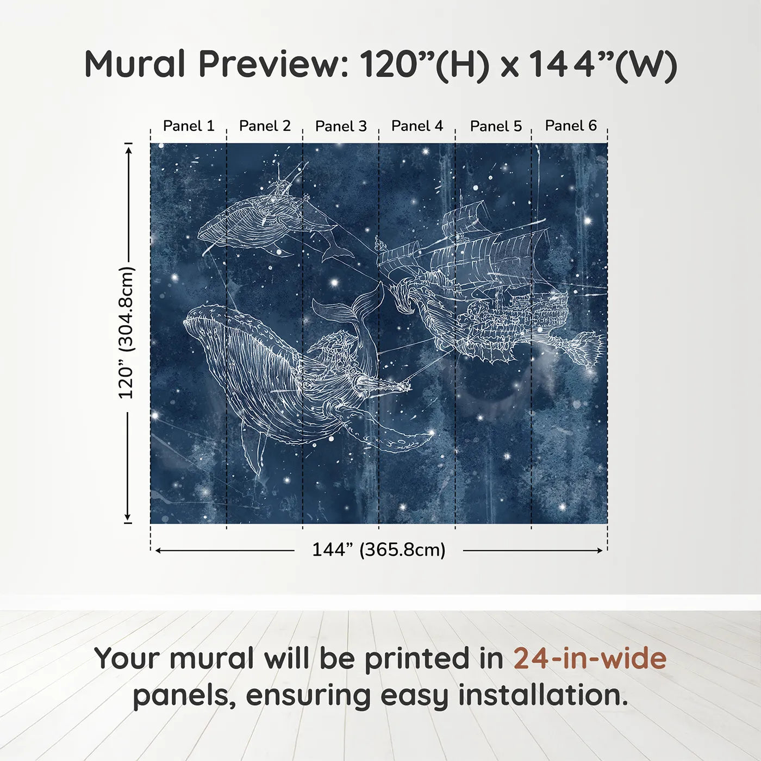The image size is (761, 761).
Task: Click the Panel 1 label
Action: tap(189, 126)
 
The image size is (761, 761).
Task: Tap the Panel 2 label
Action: tap(265, 126)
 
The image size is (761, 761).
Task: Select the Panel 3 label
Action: tap(341, 126)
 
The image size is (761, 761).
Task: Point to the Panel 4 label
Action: tap(417, 126)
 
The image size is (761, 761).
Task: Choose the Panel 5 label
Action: tap(496, 126)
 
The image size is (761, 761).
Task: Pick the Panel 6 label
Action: tap(571, 126)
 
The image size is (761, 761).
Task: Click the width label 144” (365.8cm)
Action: tap(378, 550)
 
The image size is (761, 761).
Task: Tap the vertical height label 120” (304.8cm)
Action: tap(126, 333)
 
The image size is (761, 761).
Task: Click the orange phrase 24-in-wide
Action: tap(590, 658)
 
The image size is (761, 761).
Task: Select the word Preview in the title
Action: tap(275, 64)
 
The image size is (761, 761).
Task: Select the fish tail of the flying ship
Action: tap(587, 348)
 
